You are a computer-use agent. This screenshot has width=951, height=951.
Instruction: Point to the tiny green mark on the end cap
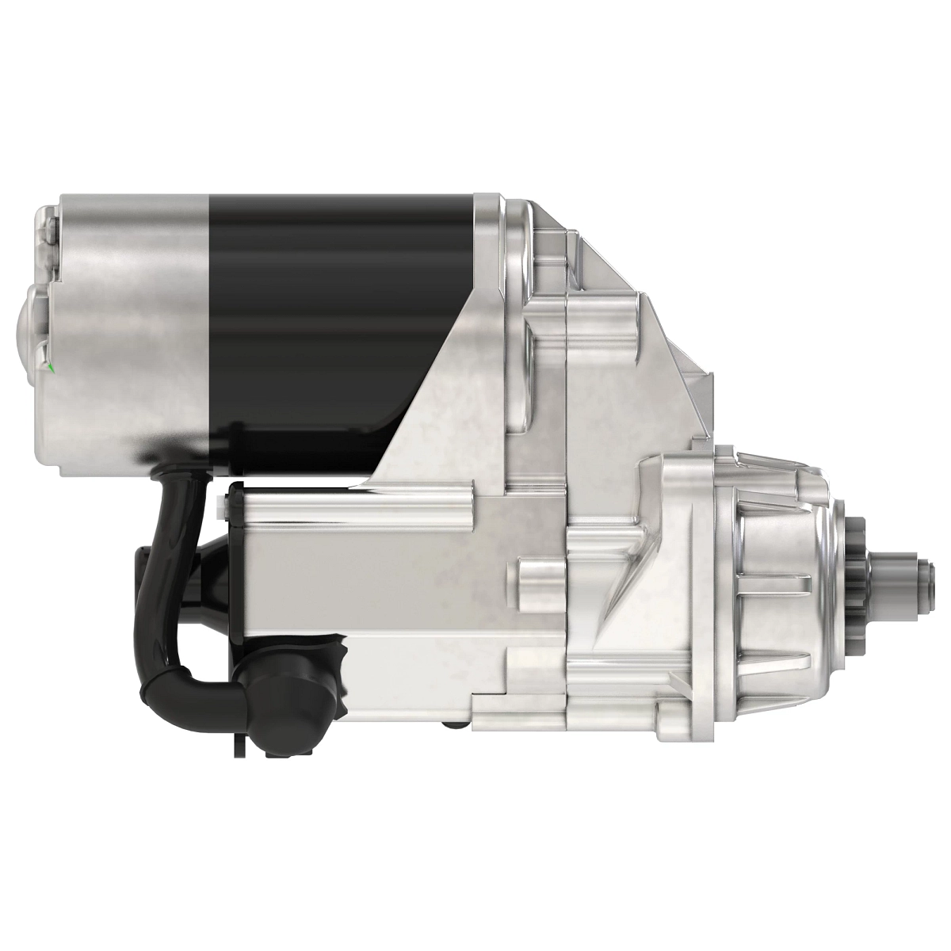click(x=50, y=367)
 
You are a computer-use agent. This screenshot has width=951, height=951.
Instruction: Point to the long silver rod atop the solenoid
click(x=357, y=504)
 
